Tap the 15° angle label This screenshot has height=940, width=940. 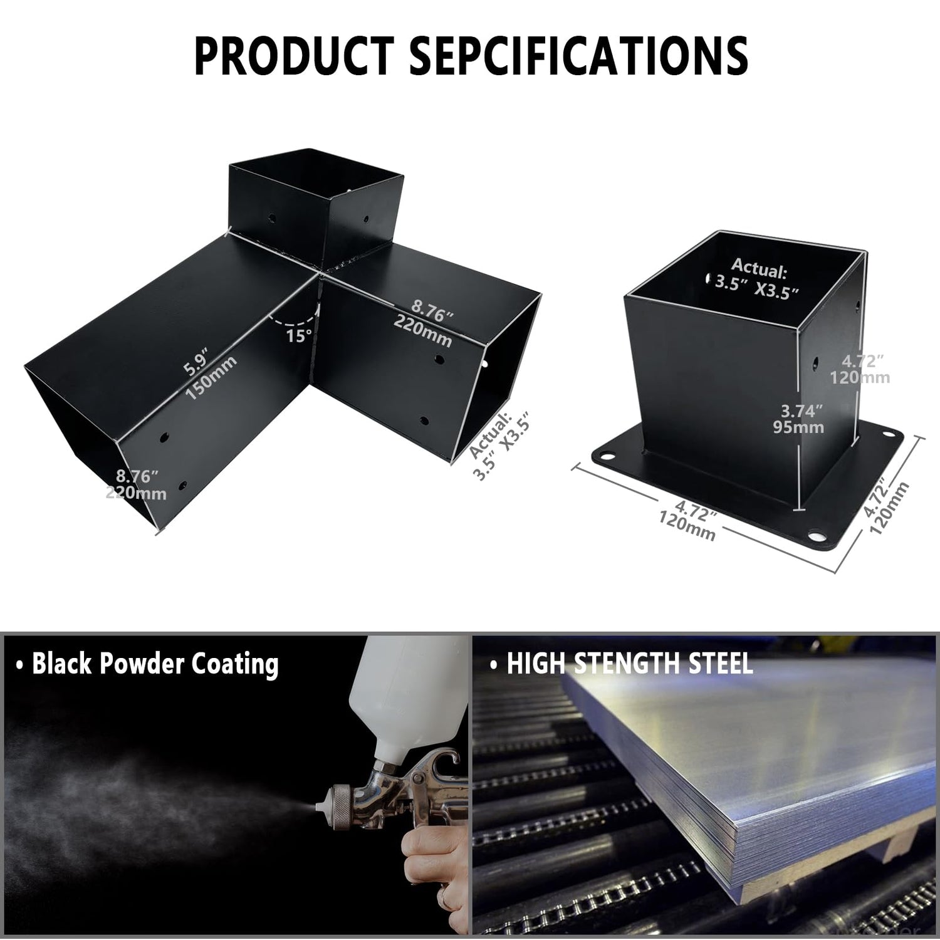[x=299, y=335]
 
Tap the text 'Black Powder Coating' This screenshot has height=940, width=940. [x=148, y=664]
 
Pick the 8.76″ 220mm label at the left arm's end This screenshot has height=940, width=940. [x=136, y=484]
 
